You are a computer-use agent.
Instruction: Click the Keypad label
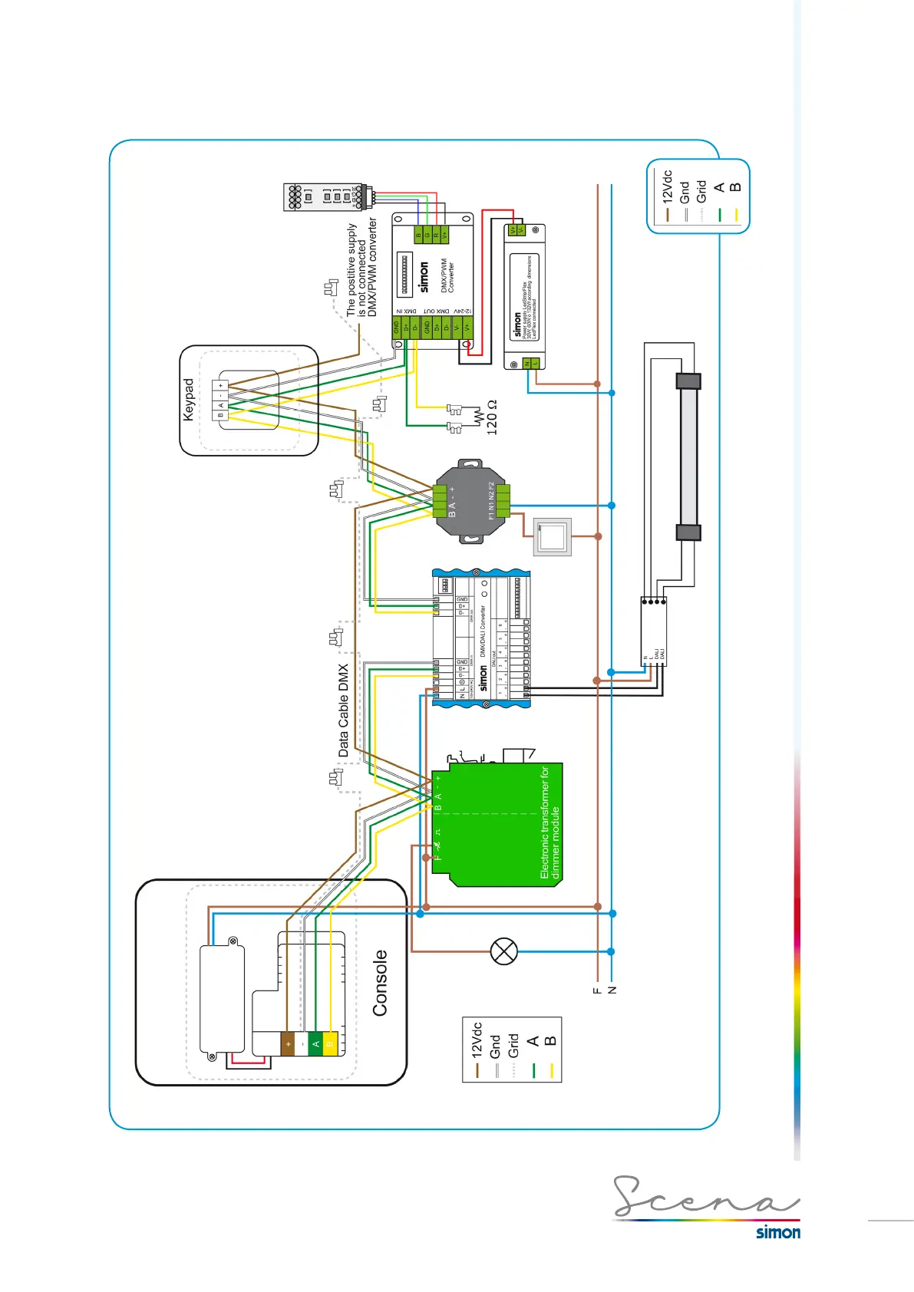click(x=189, y=399)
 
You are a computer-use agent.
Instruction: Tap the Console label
click(x=380, y=983)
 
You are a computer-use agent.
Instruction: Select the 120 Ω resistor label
click(x=492, y=417)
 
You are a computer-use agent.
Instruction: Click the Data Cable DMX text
click(x=343, y=710)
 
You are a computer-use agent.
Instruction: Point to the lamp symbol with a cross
click(x=504, y=951)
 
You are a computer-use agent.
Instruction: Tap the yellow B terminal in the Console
click(x=330, y=1044)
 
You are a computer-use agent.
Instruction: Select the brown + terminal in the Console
click(x=288, y=1044)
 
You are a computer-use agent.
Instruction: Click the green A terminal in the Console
click(x=315, y=1044)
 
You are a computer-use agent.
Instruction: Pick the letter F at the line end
click(x=597, y=990)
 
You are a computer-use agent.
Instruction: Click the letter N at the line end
click(x=612, y=990)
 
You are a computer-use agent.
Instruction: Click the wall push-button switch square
click(x=553, y=536)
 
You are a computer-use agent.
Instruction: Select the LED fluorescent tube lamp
click(x=688, y=457)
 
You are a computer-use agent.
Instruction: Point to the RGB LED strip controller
click(x=325, y=196)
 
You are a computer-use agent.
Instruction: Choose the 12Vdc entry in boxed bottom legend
click(x=477, y=1040)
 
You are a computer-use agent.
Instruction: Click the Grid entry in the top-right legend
click(x=701, y=192)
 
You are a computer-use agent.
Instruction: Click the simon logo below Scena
click(x=777, y=1232)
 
